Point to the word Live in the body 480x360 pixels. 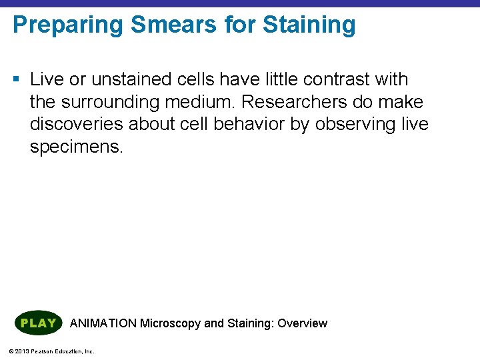pos(45,79)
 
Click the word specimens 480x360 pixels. pos(77,147)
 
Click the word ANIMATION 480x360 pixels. pos(103,323)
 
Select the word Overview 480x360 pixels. pos(302,323)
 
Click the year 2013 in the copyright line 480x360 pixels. pos(19,351)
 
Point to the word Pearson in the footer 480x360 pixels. pos(41,351)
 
